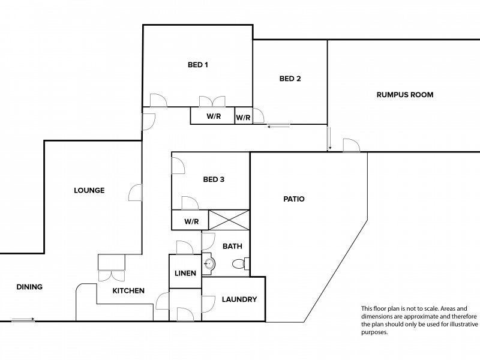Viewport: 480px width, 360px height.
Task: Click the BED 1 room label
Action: (x=198, y=65)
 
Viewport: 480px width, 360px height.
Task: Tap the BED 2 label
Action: (x=290, y=79)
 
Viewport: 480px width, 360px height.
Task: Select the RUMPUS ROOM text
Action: (x=404, y=95)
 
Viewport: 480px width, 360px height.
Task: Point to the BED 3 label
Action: (x=214, y=179)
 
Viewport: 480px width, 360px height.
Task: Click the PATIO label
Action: (x=294, y=199)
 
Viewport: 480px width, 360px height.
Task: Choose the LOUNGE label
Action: (x=89, y=190)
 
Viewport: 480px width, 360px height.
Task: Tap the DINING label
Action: (x=29, y=287)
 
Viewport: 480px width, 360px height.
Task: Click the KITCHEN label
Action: (x=128, y=290)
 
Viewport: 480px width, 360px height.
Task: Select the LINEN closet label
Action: (x=185, y=273)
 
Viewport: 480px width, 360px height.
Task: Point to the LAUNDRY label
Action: (x=239, y=299)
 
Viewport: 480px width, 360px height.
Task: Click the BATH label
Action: (x=232, y=246)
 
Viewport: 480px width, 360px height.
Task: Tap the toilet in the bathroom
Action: (x=241, y=263)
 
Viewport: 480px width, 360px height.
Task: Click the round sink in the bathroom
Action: (x=209, y=263)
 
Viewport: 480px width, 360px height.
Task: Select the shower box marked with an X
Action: (x=229, y=220)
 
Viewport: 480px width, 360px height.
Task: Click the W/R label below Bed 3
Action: (x=191, y=221)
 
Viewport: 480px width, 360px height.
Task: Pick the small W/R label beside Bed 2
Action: (x=243, y=118)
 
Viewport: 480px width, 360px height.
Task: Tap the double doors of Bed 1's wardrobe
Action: (x=212, y=101)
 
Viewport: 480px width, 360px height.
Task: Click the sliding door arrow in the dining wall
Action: (x=23, y=320)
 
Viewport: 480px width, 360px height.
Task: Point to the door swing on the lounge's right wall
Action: (x=136, y=193)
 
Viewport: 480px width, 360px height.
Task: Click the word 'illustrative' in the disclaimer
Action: (x=462, y=324)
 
